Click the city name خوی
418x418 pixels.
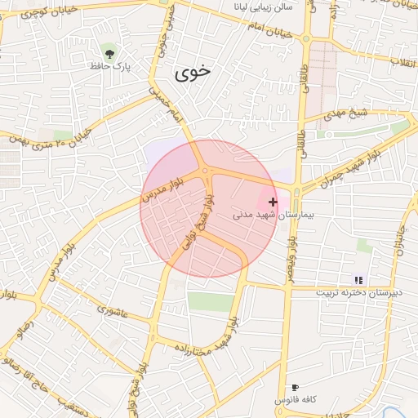[192, 73]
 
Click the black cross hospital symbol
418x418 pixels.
[273, 201]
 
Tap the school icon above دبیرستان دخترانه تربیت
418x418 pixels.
[357, 279]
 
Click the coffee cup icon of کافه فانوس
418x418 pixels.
[295, 387]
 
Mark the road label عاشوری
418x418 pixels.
[113, 309]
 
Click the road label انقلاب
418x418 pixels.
[402, 62]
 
